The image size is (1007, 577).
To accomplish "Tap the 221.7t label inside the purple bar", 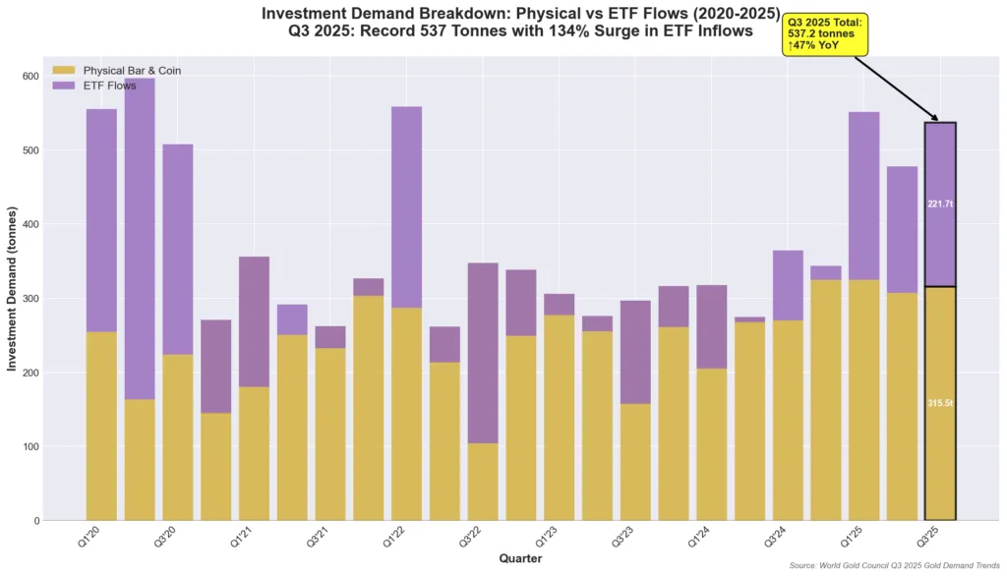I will [x=940, y=204].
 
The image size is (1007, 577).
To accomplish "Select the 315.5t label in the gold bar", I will [x=940, y=404].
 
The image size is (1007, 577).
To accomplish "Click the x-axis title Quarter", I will [x=521, y=558].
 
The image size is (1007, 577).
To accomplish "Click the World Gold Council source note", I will [x=894, y=566].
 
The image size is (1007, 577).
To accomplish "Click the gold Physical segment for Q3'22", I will [x=483, y=482].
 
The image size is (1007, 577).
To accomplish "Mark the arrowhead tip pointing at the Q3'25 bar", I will [x=939, y=121].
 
